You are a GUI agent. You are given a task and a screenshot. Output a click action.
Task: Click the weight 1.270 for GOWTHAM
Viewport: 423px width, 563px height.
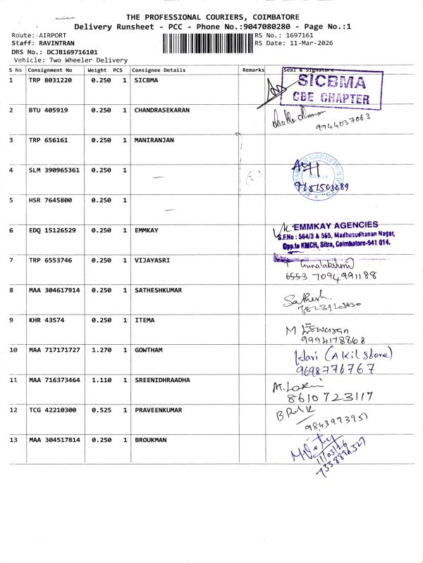(x=101, y=350)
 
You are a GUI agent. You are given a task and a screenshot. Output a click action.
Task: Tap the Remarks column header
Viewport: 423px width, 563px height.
(x=252, y=70)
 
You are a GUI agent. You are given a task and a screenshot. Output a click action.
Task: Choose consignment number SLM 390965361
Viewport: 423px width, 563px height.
(x=54, y=170)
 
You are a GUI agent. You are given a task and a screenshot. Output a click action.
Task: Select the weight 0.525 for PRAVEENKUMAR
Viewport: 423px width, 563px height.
(x=101, y=410)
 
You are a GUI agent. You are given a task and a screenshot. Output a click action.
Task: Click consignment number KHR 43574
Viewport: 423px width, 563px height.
(x=47, y=320)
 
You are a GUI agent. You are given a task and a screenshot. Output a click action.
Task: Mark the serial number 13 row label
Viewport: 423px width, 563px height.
(x=13, y=440)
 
